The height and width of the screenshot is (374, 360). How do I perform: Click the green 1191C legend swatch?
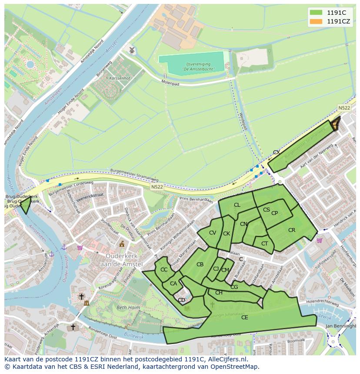coord(316,12)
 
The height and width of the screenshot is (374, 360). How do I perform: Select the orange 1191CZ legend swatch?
coord(316,21)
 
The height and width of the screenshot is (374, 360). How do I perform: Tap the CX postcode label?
coord(276,152)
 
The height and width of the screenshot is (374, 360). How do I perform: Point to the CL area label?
coord(237,205)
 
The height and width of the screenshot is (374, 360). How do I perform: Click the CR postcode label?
coord(292,230)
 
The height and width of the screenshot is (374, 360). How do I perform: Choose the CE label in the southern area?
coord(244,318)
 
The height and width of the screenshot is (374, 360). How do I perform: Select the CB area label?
coord(200,265)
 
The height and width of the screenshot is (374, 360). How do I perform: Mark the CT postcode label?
coord(264,244)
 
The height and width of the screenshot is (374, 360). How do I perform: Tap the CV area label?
coord(212,233)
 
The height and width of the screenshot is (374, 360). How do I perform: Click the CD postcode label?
coord(182,300)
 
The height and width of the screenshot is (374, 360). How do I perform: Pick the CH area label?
coord(219,293)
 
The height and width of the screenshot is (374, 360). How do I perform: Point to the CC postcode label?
coord(164,270)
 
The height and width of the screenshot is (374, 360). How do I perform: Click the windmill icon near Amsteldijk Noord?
coord(132,50)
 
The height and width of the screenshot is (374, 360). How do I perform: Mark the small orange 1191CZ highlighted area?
coord(335,125)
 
